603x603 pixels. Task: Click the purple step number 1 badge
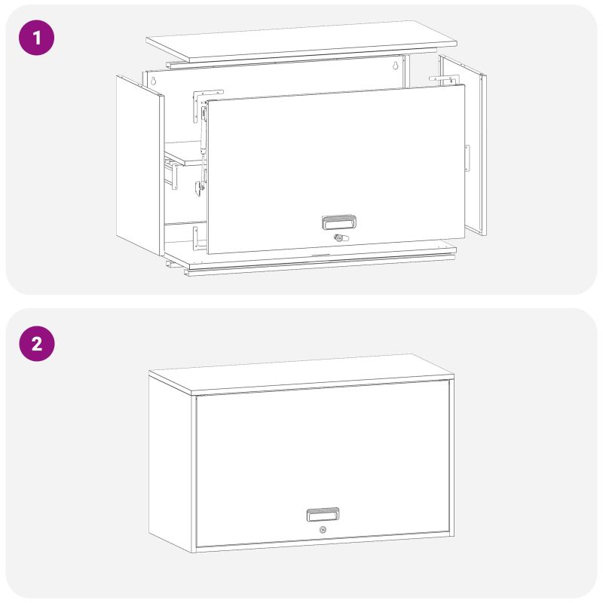point(36,38)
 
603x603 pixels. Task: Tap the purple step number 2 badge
point(36,344)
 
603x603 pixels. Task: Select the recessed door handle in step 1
point(338,222)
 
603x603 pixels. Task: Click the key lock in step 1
point(341,238)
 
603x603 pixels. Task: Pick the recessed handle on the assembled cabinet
point(323,514)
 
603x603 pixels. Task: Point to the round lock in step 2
point(323,530)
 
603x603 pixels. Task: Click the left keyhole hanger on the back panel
point(154,81)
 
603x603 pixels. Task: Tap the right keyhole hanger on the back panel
point(395,65)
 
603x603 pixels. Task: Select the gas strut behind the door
point(202,150)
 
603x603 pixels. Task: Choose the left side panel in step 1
point(140,165)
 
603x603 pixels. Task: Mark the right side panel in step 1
point(463,144)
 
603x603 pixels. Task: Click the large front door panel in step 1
point(335,169)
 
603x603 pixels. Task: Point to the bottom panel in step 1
point(311,257)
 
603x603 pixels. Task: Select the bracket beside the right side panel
point(445,80)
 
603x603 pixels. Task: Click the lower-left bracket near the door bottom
point(197,238)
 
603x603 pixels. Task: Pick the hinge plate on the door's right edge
point(467,158)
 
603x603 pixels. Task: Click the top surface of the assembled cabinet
point(301,373)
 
